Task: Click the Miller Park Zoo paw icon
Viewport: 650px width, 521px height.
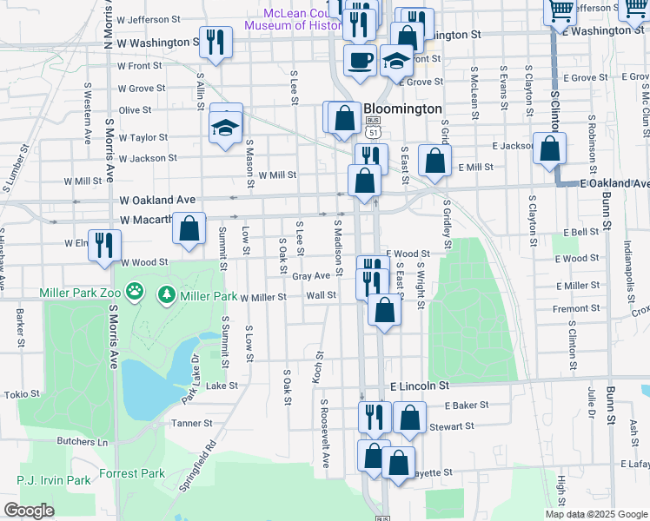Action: click(x=135, y=293)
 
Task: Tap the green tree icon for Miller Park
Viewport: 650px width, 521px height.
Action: click(x=166, y=295)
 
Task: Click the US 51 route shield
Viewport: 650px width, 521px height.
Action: click(x=373, y=129)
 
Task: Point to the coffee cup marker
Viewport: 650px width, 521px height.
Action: click(x=359, y=61)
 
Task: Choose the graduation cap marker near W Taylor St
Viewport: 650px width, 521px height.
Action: click(x=225, y=128)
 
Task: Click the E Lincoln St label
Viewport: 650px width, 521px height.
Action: click(x=420, y=385)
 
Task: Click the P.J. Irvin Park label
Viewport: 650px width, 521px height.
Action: click(x=54, y=480)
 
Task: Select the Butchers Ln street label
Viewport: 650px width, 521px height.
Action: click(x=82, y=442)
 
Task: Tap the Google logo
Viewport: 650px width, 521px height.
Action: click(x=29, y=511)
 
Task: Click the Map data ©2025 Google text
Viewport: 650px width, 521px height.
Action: click(x=596, y=514)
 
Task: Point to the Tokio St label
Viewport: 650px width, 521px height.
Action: click(x=23, y=394)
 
